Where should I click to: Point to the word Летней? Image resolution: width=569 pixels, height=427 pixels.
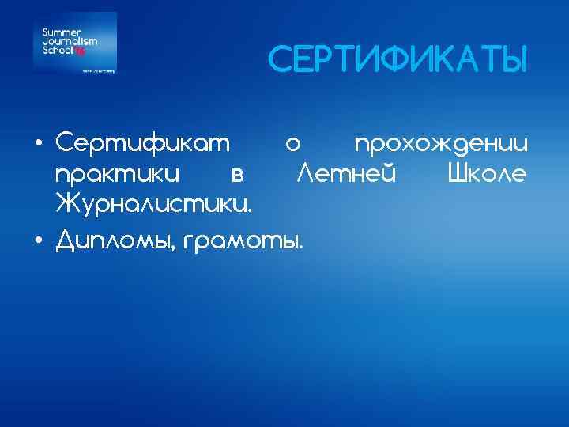[345, 172]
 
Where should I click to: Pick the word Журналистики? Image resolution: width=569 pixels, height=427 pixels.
[155, 204]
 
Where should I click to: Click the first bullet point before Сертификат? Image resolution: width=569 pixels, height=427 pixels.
[39, 145]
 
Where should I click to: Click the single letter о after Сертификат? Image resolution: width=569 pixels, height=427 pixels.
[293, 145]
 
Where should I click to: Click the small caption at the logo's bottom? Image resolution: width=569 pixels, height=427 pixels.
[99, 70]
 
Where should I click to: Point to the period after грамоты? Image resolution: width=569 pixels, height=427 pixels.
[300, 246]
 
